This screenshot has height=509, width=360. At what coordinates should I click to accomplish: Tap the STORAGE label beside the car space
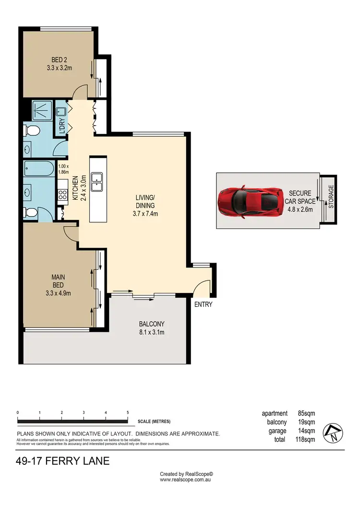(330, 197)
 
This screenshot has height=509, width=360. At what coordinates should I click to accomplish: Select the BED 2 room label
(60, 63)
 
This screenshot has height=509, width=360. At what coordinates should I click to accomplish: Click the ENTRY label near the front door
(203, 304)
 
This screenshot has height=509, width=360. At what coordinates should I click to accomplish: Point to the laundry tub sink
(61, 112)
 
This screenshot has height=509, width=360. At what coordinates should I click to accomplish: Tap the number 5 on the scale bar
(128, 412)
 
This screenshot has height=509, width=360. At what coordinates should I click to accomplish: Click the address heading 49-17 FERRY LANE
(63, 462)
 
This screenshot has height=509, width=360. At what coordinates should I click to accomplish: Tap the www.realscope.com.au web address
(186, 479)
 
